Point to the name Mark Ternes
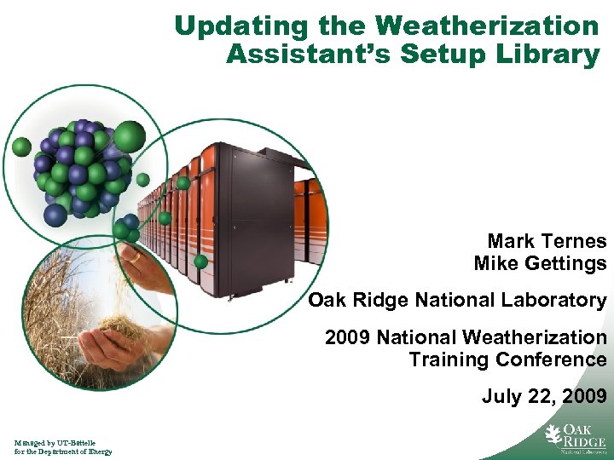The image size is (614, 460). pyautogui.click(x=547, y=241)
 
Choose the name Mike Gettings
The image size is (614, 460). pyautogui.click(x=540, y=264)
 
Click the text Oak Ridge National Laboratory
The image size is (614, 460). pyautogui.click(x=457, y=300)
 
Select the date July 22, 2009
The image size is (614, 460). pyautogui.click(x=544, y=396)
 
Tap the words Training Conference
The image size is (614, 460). pyautogui.click(x=507, y=359)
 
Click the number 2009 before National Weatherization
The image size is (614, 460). pyautogui.click(x=347, y=337)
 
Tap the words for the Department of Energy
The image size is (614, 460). pyautogui.click(x=62, y=451)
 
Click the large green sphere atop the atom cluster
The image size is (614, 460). pyautogui.click(x=130, y=135)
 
